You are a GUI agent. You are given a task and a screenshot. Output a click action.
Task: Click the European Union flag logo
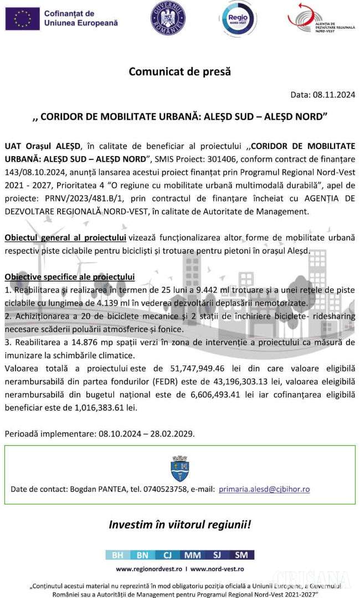pos(22,18)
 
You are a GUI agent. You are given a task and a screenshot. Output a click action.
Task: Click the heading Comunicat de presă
pos(179,71)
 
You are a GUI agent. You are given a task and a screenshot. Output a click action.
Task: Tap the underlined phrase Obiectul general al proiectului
pos(65,238)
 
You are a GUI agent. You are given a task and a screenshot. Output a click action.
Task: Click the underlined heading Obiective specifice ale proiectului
pos(69,276)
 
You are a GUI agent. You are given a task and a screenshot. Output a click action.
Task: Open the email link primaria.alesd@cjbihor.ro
pos(264,489)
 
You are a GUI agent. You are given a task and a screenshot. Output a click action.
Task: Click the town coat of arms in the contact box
pos(180,468)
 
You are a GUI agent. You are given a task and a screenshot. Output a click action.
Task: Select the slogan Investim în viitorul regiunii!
pos(179,524)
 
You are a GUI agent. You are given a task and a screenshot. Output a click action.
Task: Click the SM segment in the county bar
pos(241,555)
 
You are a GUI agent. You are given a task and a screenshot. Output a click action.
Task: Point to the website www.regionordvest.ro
pos(148,569)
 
